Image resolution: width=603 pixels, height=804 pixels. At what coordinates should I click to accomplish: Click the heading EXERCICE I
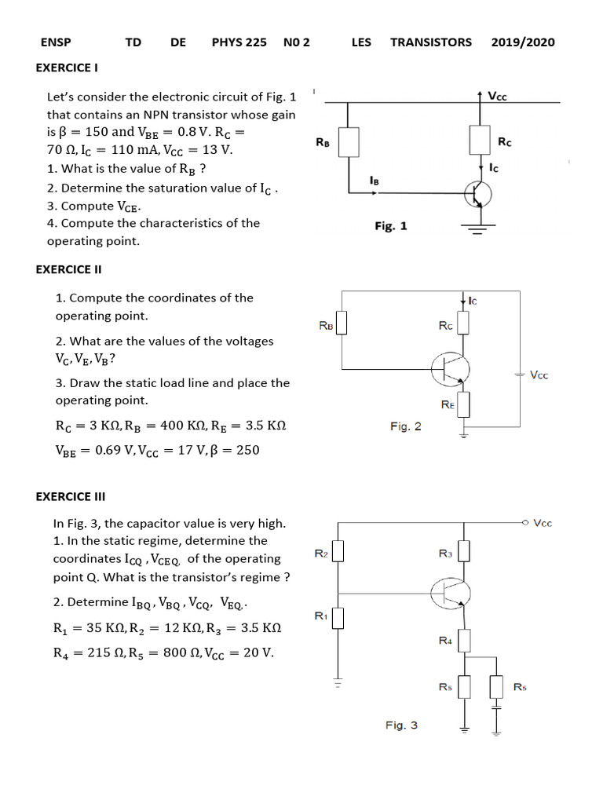point(67,68)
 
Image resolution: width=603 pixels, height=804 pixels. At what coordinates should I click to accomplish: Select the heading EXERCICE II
point(69,269)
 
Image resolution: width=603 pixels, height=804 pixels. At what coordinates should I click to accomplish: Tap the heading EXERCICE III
point(71,496)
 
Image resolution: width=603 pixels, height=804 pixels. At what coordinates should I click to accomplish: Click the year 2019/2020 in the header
point(523,42)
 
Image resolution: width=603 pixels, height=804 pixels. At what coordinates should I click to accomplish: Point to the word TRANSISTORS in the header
point(431,42)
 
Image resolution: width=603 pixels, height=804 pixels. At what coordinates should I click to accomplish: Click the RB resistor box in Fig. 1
point(348,142)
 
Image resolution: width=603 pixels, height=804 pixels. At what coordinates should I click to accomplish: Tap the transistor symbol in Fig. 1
point(477,194)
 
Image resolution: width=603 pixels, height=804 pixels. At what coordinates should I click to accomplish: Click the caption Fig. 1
point(390,226)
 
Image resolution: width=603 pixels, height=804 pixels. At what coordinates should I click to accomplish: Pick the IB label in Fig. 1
point(375,181)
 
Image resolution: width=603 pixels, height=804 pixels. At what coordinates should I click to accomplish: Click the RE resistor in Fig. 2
point(463,404)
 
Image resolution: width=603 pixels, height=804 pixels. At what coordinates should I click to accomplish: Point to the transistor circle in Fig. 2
point(450,367)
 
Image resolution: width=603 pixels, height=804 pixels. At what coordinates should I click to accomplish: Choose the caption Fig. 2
point(405,426)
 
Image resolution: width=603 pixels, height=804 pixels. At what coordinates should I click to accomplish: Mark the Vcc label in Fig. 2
point(539,375)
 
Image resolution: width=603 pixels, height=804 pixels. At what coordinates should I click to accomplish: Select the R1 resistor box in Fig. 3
point(338,618)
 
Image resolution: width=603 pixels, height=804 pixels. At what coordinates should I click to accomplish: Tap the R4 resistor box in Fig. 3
point(463,641)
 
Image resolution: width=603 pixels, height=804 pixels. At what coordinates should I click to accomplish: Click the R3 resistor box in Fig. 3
point(463,553)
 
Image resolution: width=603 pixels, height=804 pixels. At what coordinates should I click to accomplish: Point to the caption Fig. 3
point(401,725)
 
